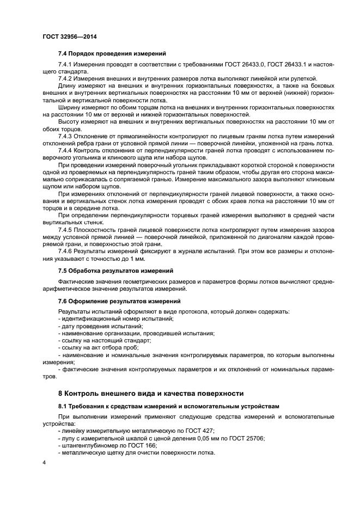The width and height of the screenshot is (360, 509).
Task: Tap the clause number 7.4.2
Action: coord(68,78)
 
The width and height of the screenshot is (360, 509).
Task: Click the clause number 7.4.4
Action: coord(68,150)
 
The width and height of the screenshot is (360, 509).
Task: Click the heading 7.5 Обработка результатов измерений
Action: coord(115,271)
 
